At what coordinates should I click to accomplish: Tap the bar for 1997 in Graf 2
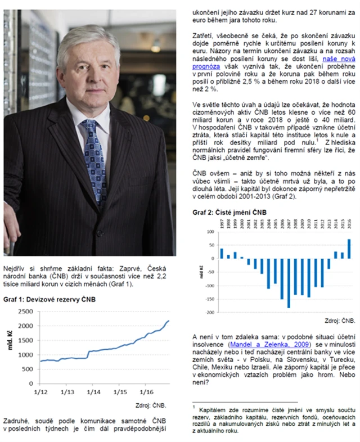tap(222, 253)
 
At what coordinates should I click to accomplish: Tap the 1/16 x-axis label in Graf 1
tap(147, 391)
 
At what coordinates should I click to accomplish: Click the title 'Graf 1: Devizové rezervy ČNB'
tap(49, 300)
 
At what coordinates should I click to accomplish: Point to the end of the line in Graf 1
tap(169, 321)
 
